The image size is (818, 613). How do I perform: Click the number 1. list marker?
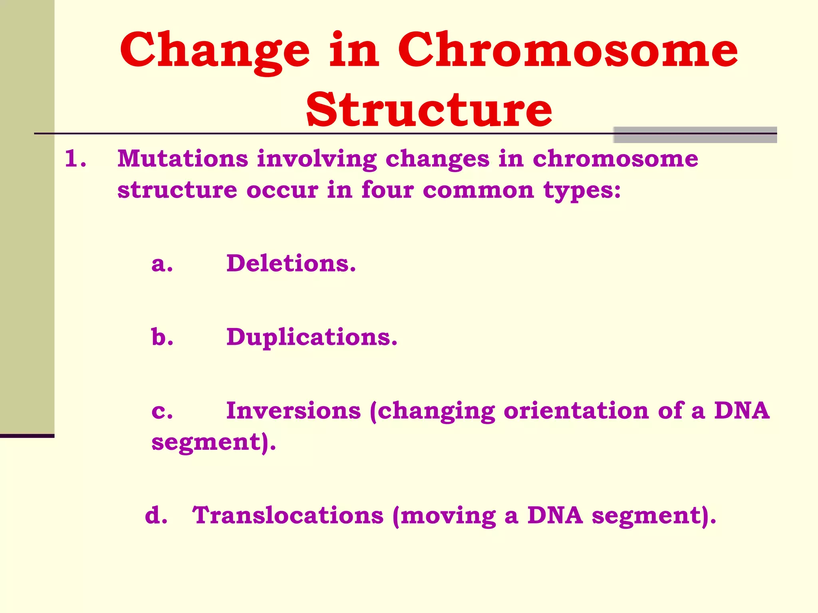(x=75, y=158)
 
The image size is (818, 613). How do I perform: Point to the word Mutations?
(x=183, y=158)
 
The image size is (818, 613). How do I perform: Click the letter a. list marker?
(x=162, y=264)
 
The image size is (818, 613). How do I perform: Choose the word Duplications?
(x=312, y=338)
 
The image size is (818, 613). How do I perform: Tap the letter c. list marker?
(x=162, y=411)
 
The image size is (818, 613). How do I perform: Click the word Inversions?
(x=293, y=411)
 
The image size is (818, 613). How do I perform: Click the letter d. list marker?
(x=156, y=515)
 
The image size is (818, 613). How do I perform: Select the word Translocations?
(x=288, y=515)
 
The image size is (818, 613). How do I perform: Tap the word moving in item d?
(x=447, y=516)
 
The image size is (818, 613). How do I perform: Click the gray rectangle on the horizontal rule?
(x=695, y=135)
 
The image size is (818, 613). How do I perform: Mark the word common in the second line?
(x=478, y=190)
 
